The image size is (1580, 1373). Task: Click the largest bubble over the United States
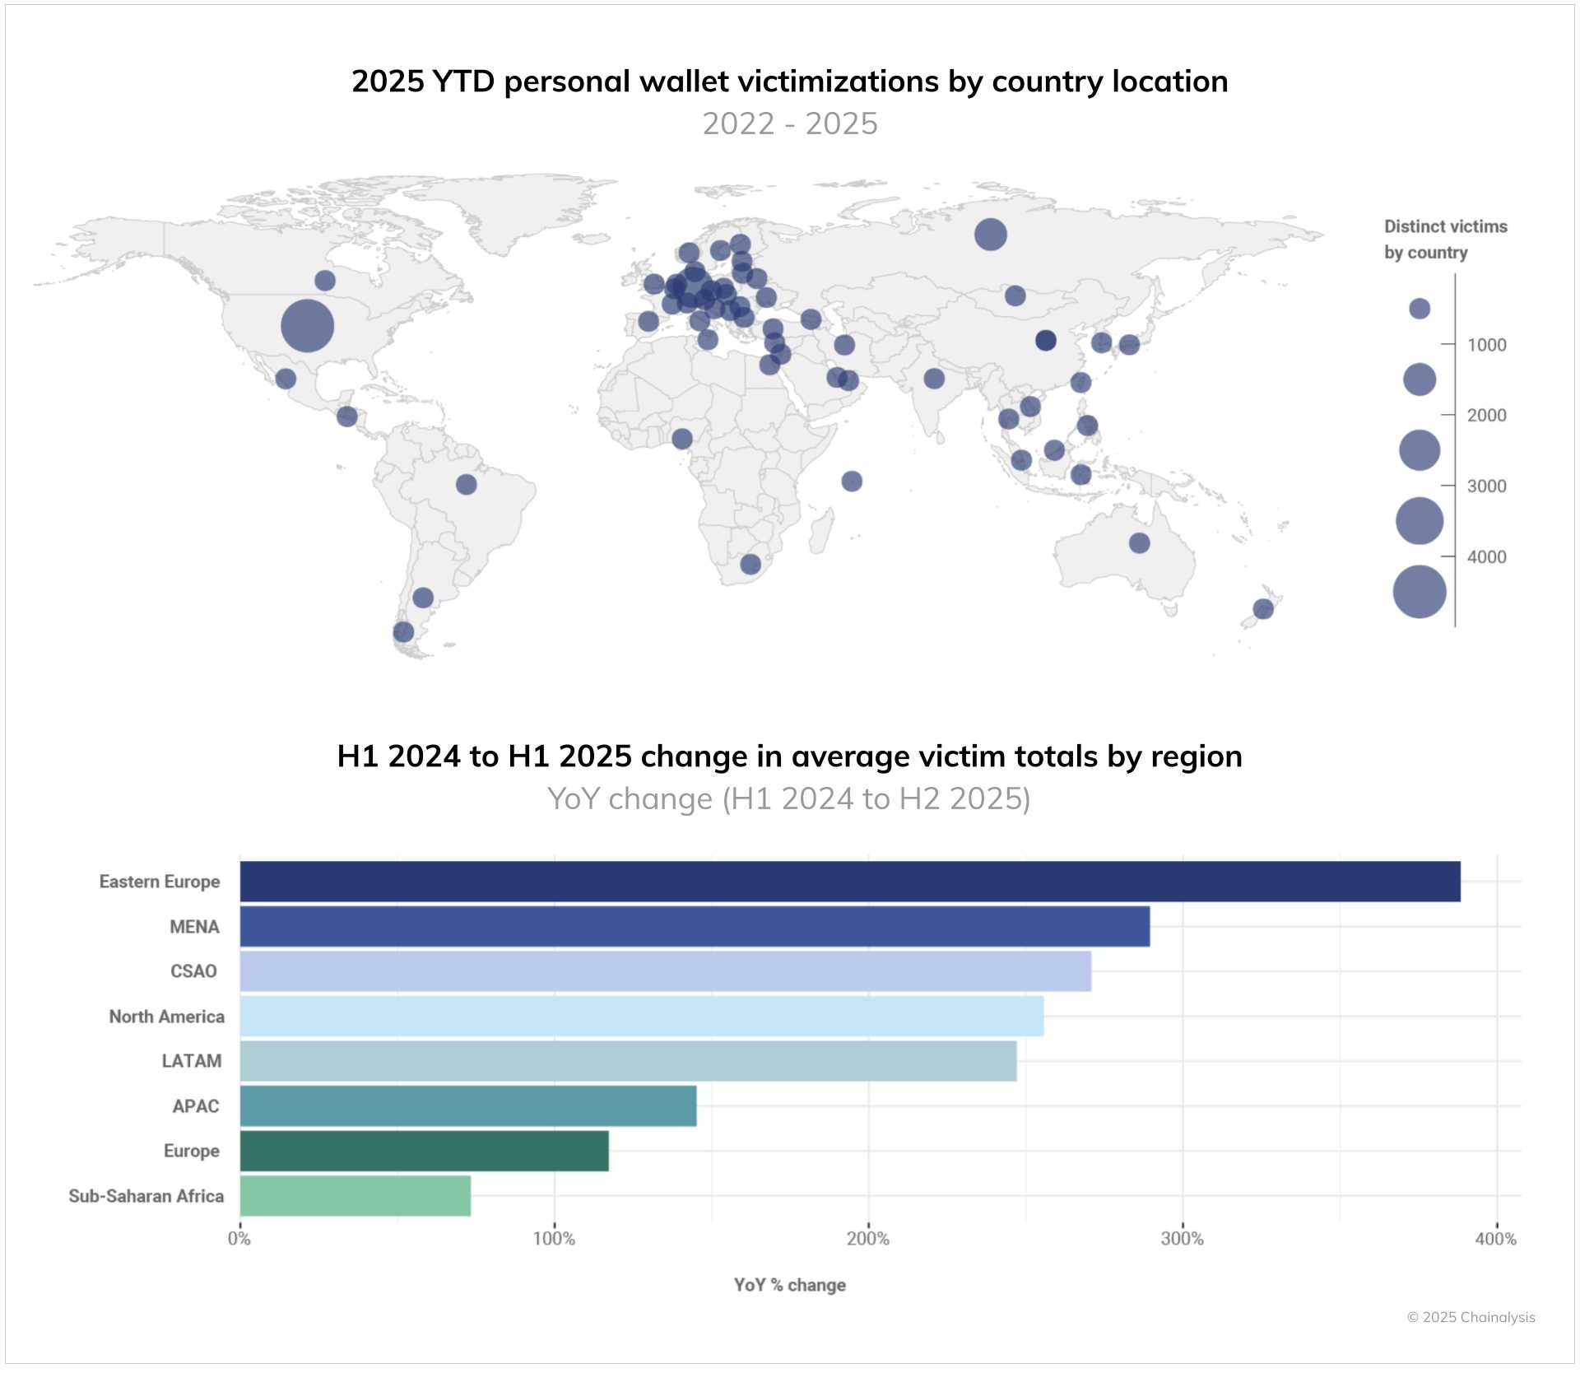pos(307,325)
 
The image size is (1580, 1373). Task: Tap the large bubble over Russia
pos(990,235)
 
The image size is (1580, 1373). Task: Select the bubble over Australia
pos(1139,542)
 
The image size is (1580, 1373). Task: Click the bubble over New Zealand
pos(1263,608)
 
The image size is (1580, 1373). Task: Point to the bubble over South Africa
pos(750,564)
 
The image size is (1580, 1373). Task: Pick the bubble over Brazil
pos(466,484)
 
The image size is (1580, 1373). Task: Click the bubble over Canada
pos(325,281)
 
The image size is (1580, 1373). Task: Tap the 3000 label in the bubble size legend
pos(1486,486)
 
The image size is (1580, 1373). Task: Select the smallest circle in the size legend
pos(1419,309)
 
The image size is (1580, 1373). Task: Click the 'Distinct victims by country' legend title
pos(1444,239)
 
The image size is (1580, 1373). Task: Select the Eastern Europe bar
pos(849,882)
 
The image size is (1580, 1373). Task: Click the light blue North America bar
pos(641,1016)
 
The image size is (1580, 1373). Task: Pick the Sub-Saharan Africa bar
pos(355,1195)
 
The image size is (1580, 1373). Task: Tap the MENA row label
pos(194,927)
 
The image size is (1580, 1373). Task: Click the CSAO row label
pos(193,971)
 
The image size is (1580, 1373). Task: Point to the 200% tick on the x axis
pos(868,1238)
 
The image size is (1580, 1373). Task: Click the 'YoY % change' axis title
pos(789,1285)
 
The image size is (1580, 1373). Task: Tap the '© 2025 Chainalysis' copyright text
pos(1471,1317)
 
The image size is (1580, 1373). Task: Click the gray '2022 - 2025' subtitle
pos(789,123)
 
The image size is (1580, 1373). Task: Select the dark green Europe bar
pos(424,1150)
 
